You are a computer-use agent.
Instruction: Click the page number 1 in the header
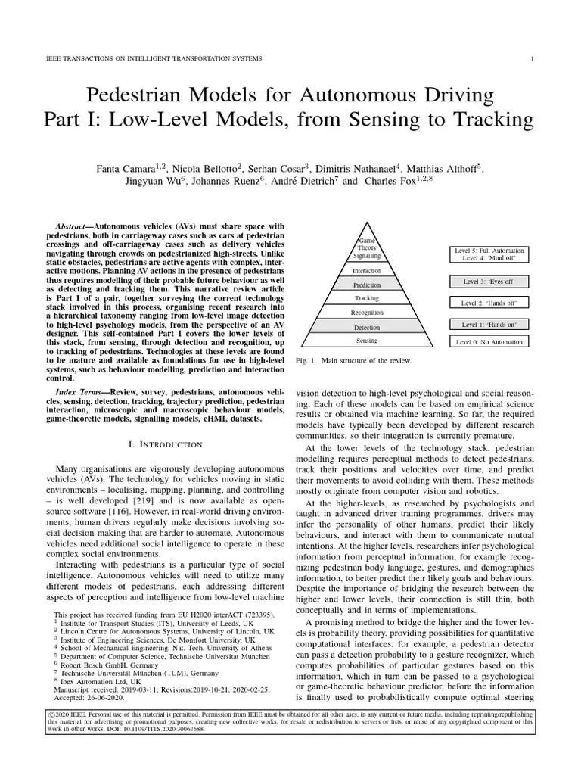[x=533, y=58]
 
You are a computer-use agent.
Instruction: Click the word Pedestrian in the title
[x=137, y=96]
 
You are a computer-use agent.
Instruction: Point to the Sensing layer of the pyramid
[x=367, y=341]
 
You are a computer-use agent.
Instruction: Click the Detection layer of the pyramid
[x=367, y=328]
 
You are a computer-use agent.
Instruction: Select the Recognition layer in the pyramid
[x=367, y=313]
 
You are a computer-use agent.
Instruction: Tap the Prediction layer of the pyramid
[x=367, y=285]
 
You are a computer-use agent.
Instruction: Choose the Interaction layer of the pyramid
[x=367, y=270]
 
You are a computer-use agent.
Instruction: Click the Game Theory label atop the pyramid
[x=367, y=244]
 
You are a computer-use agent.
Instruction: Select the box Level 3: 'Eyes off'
[x=489, y=282]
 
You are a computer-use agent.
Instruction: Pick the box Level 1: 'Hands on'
[x=489, y=324]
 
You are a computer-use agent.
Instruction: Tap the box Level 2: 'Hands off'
[x=489, y=303]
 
